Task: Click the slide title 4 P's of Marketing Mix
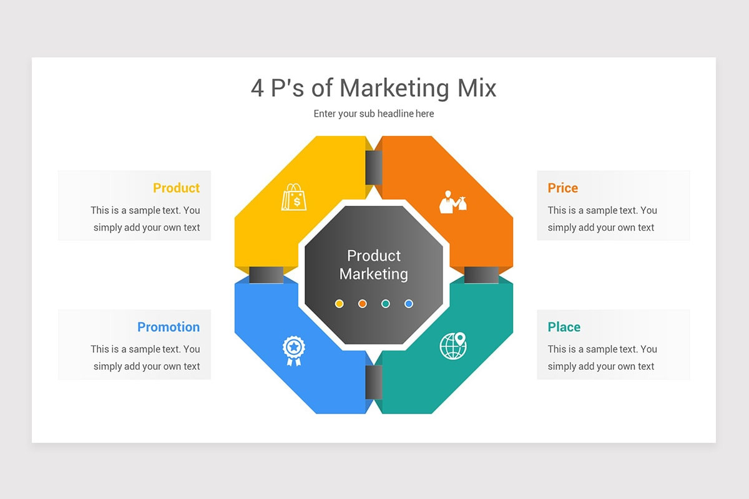click(373, 89)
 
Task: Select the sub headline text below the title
click(373, 114)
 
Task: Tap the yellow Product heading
click(176, 188)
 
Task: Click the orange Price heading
click(562, 188)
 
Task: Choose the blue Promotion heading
click(169, 327)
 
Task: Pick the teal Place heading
click(564, 327)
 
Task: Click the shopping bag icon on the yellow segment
click(294, 196)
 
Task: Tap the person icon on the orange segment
click(453, 201)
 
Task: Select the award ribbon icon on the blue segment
click(293, 350)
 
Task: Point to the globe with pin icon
click(453, 346)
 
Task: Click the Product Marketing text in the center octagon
click(374, 264)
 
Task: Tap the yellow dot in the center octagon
click(340, 304)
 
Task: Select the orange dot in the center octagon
click(363, 304)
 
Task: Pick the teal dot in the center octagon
click(386, 304)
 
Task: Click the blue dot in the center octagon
click(409, 304)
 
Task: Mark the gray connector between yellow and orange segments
click(373, 167)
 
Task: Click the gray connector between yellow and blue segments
click(266, 274)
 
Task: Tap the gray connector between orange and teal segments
click(481, 274)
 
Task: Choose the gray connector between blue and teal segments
click(373, 382)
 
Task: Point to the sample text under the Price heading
click(602, 219)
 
